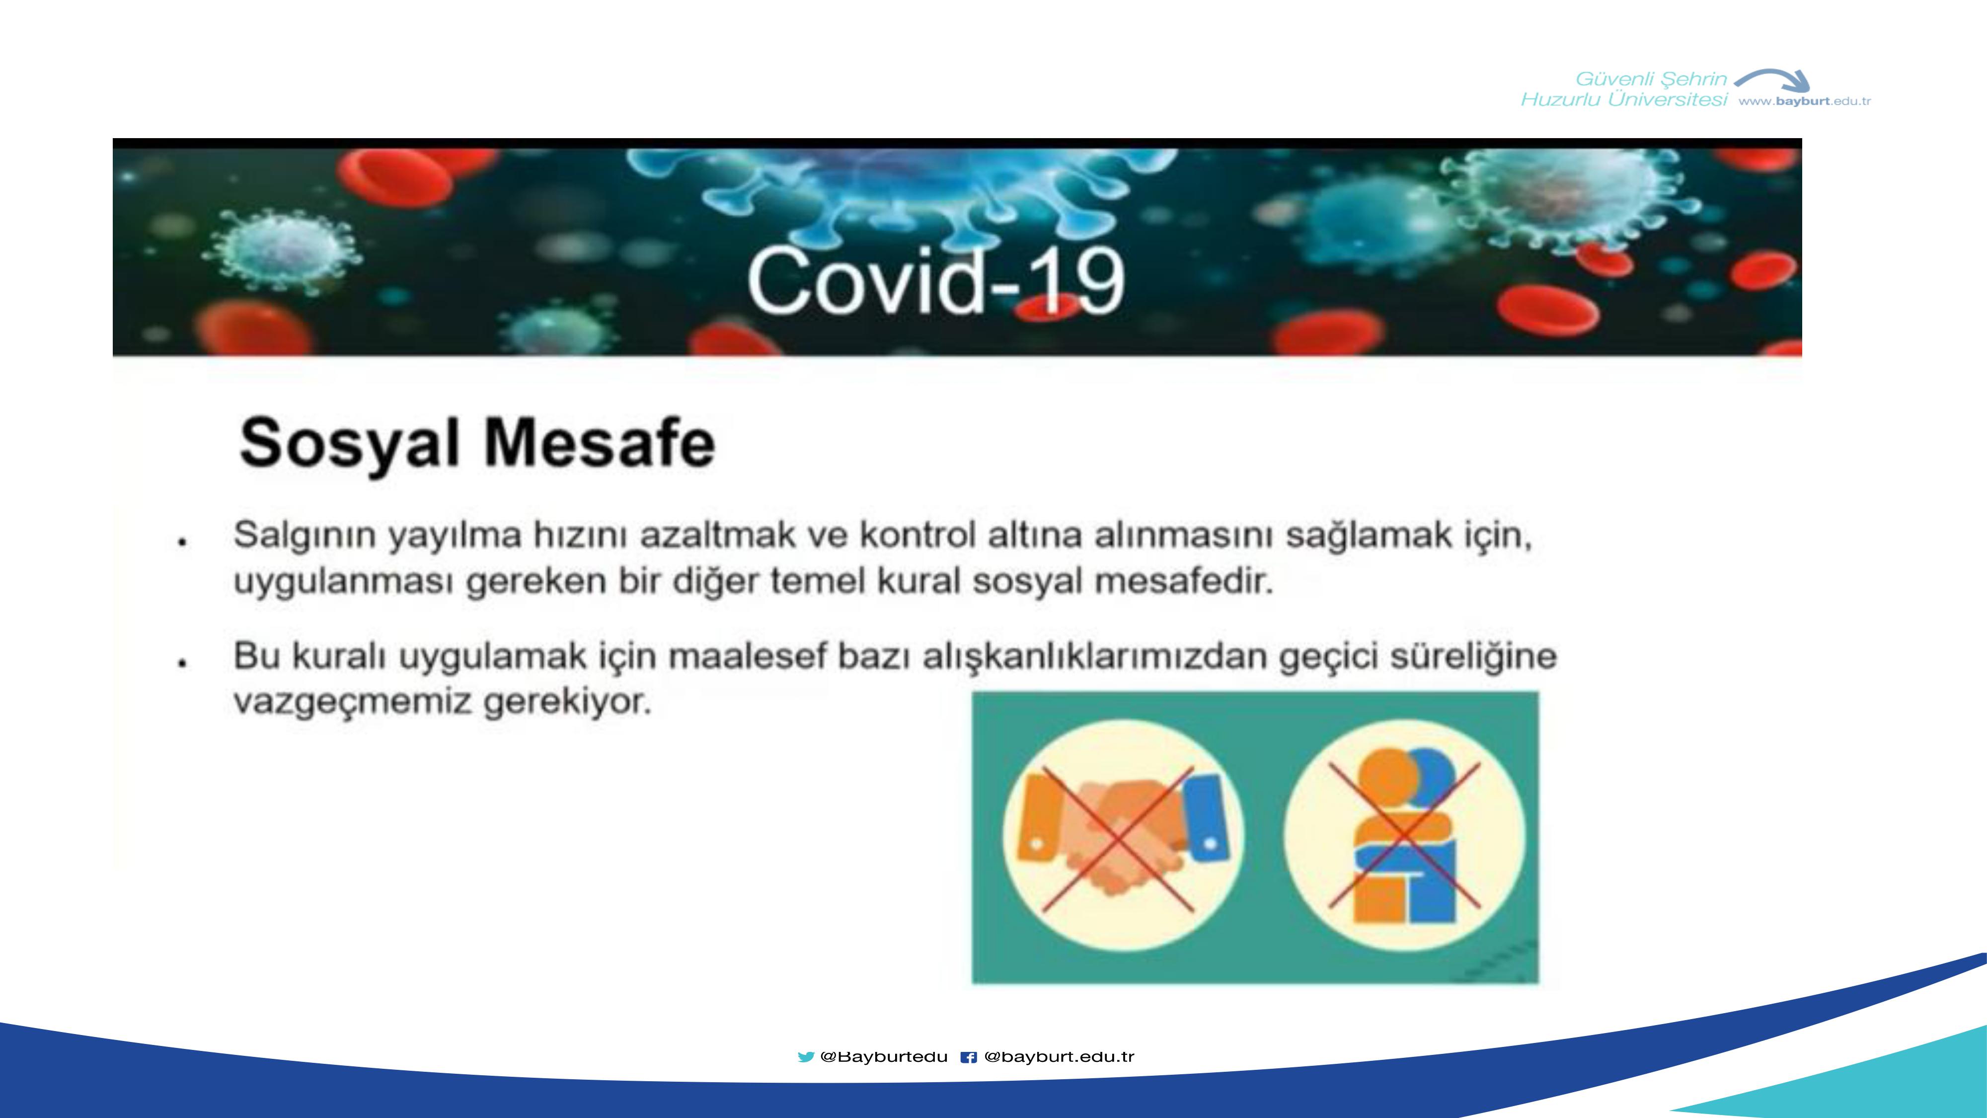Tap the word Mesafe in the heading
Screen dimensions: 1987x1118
click(600, 442)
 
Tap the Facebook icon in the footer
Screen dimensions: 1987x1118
click(968, 1057)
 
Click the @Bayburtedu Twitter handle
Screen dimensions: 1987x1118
click(884, 1057)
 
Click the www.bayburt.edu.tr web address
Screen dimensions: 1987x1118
click(1804, 101)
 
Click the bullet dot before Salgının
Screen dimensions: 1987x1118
click(182, 543)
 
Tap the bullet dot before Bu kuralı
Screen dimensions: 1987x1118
click(182, 663)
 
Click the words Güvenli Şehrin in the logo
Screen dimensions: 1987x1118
click(1651, 79)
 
